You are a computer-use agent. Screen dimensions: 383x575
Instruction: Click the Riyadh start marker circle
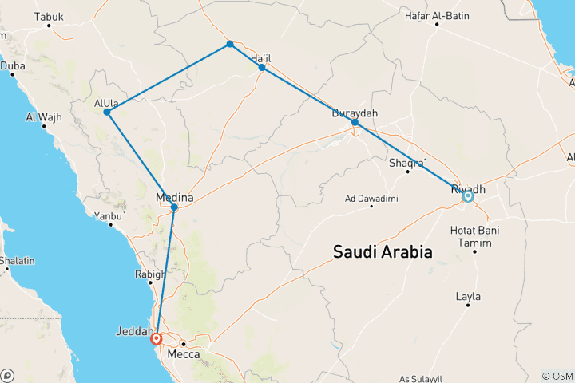[467, 195]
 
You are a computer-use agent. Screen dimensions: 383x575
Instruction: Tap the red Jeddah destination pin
[157, 338]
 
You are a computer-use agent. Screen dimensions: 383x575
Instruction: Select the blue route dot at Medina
[174, 207]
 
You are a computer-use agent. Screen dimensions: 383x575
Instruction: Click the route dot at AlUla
[106, 112]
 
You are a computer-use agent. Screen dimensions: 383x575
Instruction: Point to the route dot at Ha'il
[262, 68]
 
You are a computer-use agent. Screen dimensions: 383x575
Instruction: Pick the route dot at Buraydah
[355, 122]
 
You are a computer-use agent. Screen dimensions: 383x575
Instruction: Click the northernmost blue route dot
[230, 44]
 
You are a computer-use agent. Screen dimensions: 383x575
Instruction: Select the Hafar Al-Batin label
[437, 15]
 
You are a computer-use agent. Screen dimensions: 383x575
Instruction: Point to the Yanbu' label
[110, 216]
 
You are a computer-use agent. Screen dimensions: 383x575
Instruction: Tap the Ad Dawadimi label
[371, 198]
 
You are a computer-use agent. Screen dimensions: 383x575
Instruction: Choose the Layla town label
[468, 297]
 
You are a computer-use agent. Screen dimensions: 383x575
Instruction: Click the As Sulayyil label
[421, 378]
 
